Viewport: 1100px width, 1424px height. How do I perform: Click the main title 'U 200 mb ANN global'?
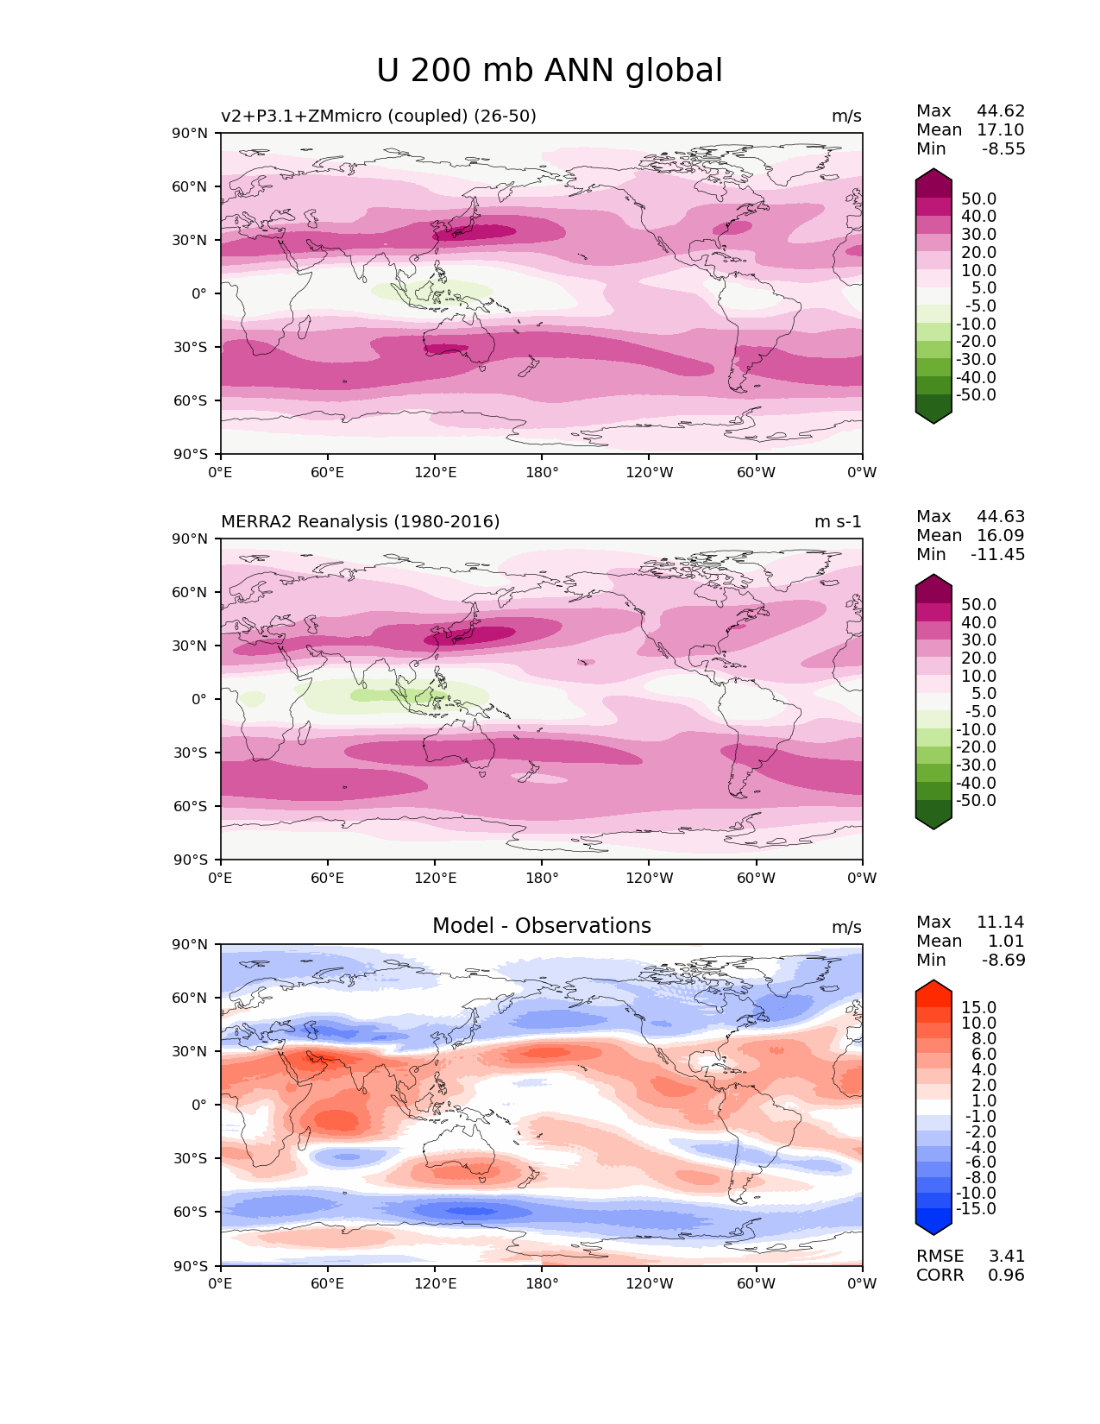click(x=550, y=71)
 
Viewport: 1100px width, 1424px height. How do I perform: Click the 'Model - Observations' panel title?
click(x=541, y=926)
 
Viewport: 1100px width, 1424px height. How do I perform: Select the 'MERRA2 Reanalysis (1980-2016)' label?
click(x=360, y=521)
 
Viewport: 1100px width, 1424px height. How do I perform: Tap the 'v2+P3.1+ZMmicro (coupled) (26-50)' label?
click(x=378, y=116)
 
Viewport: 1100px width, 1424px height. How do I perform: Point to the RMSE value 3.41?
click(x=1006, y=1256)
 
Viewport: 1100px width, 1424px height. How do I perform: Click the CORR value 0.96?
click(x=1006, y=1275)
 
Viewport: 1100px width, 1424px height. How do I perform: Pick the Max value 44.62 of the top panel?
click(x=1001, y=110)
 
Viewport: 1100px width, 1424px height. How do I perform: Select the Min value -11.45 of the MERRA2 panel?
click(x=997, y=554)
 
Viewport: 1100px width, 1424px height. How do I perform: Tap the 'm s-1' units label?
click(x=838, y=521)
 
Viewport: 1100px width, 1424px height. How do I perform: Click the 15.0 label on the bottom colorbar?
click(x=978, y=1007)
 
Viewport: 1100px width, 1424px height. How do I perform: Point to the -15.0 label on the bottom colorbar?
click(x=976, y=1208)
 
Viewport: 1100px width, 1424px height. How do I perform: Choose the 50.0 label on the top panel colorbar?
click(x=978, y=198)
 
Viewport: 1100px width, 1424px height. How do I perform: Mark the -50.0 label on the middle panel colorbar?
click(x=976, y=800)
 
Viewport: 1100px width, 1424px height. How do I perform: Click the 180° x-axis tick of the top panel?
click(x=542, y=472)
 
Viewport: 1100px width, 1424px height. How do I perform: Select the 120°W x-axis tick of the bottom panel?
click(x=649, y=1283)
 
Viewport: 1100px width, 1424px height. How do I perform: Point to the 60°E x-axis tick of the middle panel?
click(x=328, y=878)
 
